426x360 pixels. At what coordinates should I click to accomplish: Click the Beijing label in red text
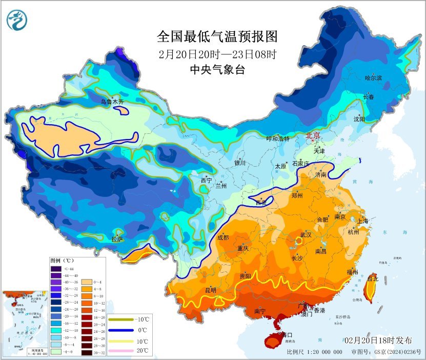coord(313,136)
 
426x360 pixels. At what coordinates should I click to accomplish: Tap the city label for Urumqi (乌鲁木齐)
coord(112,102)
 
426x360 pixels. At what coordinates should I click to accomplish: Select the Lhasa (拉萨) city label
coord(117,238)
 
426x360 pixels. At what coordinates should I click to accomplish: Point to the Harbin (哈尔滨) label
coord(374,78)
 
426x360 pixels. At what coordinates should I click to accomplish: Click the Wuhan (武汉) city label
coord(307,234)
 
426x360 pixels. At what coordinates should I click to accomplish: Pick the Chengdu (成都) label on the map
coord(223,237)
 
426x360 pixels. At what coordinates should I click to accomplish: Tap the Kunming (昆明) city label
coord(211,290)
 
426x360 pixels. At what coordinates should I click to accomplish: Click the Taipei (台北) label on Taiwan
coord(373,279)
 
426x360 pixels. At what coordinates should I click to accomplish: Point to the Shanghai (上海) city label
coord(362,221)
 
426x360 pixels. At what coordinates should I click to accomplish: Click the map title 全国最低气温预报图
coord(217,37)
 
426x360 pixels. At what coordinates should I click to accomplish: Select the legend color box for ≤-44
coord(56,268)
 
